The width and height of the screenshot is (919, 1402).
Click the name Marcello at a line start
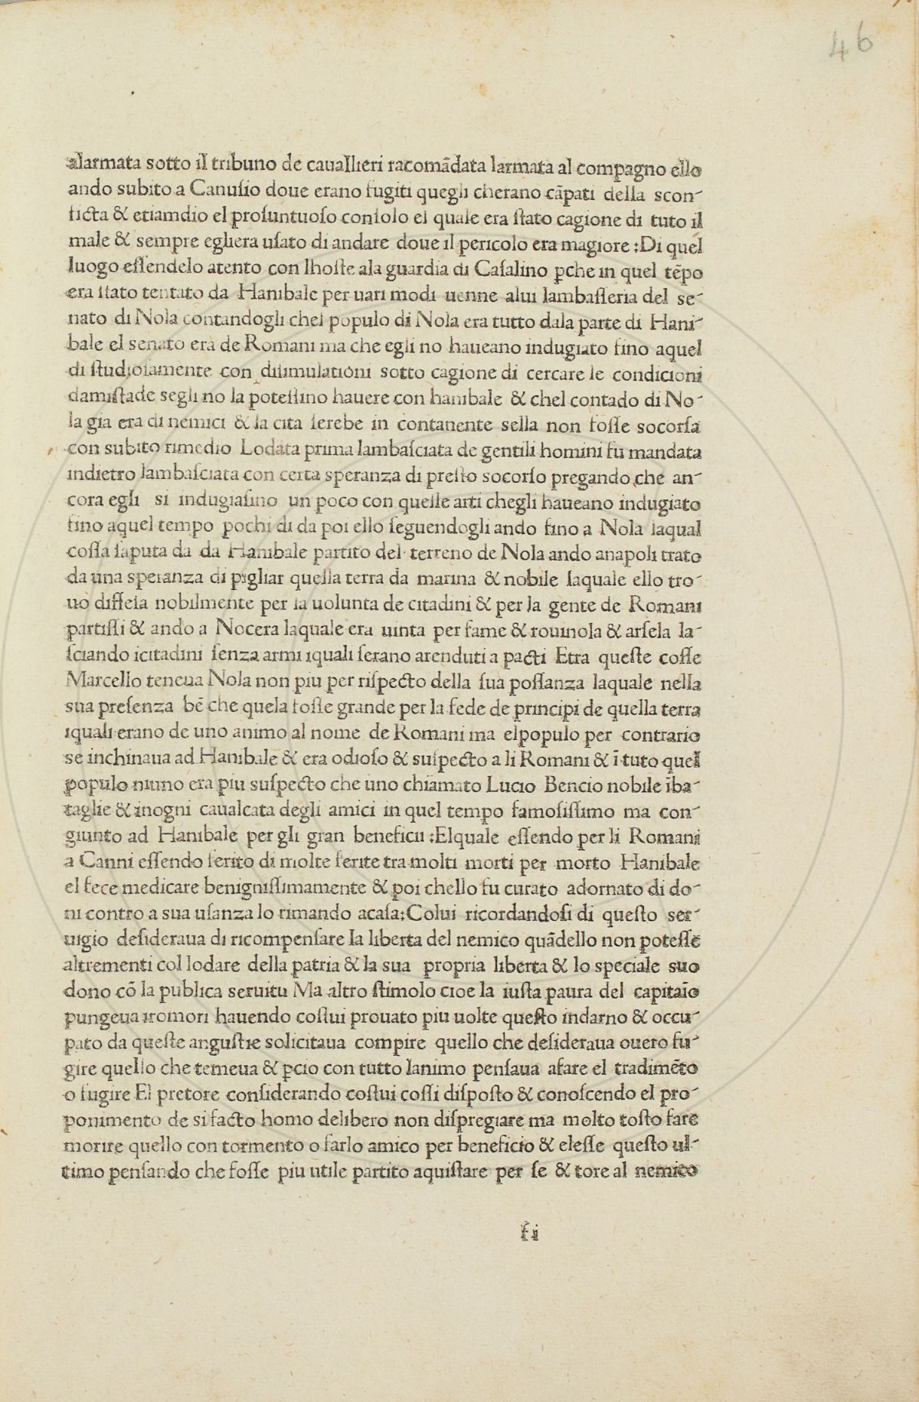pos(103,679)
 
